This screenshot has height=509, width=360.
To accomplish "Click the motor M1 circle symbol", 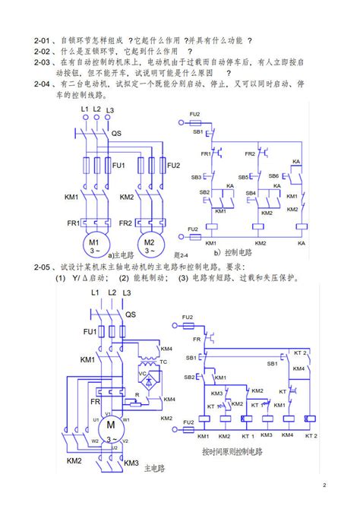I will click(x=96, y=244).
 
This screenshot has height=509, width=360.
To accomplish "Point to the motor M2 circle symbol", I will click(x=150, y=244).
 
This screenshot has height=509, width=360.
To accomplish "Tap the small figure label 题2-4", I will click(x=181, y=256).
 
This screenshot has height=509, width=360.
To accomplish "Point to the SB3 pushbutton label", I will click(x=196, y=177).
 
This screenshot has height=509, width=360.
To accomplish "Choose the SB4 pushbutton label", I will click(x=250, y=193).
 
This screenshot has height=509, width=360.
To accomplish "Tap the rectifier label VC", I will click(x=142, y=374).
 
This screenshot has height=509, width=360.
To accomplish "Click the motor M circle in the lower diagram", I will click(x=110, y=423).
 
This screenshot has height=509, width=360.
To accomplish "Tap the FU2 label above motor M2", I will click(x=173, y=165).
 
